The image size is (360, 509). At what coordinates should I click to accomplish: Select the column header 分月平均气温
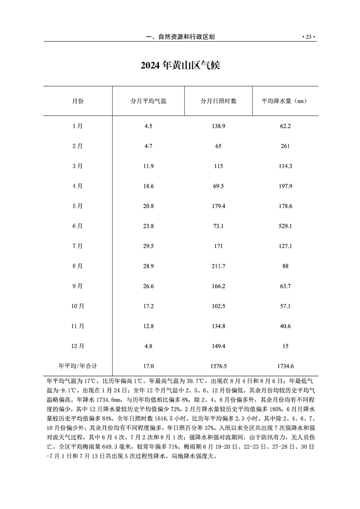148,101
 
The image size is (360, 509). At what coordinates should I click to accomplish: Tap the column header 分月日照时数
218,101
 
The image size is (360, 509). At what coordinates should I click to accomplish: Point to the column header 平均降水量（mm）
285,101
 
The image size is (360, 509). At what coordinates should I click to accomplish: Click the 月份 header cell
78,101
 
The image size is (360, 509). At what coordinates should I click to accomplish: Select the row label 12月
78,346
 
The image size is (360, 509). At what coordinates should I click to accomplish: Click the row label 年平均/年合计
78,366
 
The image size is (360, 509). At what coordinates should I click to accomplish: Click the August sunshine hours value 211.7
218,266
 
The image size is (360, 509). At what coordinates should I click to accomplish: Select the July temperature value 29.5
148,246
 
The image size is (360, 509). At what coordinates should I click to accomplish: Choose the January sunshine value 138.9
218,126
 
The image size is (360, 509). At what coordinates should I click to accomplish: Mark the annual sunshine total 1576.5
218,366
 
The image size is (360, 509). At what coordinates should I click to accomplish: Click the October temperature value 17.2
148,306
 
